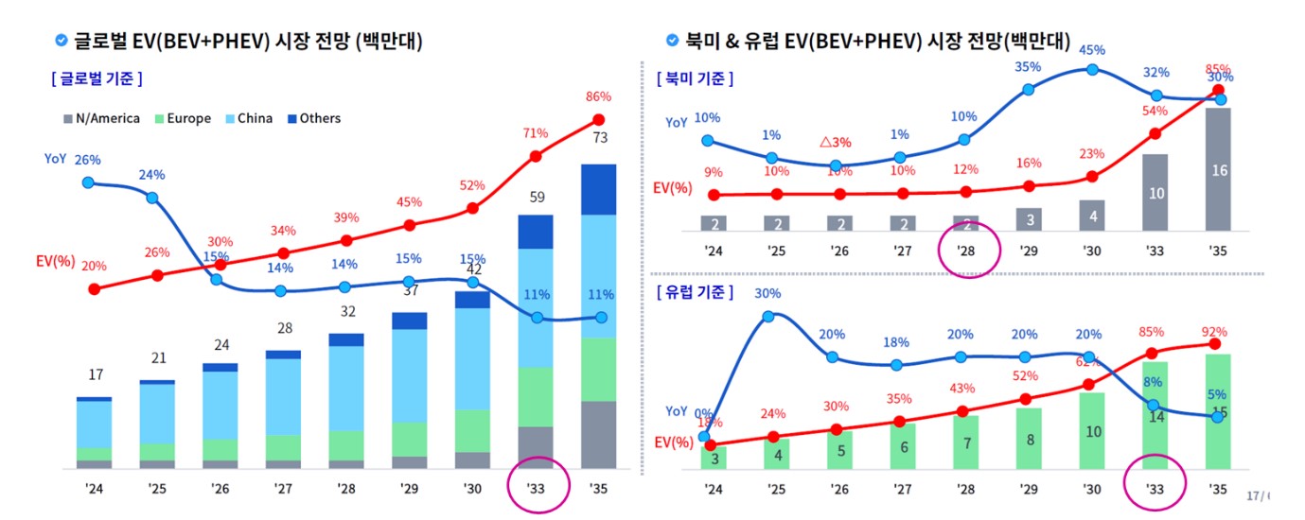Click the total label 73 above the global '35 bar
tap(599, 139)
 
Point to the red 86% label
tap(599, 96)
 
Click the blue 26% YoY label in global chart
tap(88, 160)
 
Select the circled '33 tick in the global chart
tap(536, 489)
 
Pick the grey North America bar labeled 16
tap(1220, 170)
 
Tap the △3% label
tap(836, 142)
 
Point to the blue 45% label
tap(1093, 49)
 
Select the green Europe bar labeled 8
tap(1030, 439)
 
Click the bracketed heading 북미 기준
tap(696, 78)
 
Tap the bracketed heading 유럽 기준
tap(696, 291)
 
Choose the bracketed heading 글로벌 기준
tap(97, 78)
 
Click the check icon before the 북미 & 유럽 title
tap(672, 41)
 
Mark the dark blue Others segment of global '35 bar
tap(599, 189)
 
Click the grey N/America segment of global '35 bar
tap(599, 435)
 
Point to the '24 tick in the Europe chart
tap(714, 489)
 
